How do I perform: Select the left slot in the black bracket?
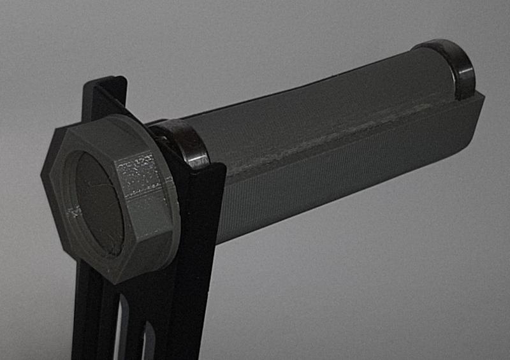(x=120, y=325)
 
